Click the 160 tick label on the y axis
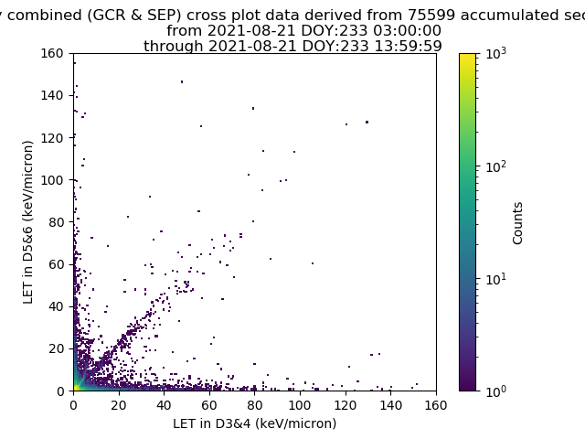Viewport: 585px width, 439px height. pos(52,53)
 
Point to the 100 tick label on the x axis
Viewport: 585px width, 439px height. pos(300,405)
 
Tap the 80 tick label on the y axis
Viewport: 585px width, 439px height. pos(56,222)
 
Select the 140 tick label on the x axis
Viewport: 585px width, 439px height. pos(390,405)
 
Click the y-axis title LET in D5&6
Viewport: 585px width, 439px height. pos(28,222)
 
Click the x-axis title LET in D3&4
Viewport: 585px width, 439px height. pos(255,423)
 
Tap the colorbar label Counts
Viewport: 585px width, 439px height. pos(517,223)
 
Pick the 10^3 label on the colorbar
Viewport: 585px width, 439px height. pos(496,53)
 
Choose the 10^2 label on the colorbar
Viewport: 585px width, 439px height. pos(496,166)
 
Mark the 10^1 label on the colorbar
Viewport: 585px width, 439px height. pos(496,279)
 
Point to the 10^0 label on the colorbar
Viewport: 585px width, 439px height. pos(496,391)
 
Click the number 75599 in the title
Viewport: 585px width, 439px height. pos(432,16)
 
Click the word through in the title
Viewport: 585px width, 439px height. pos(174,47)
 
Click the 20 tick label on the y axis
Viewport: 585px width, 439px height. pos(56,348)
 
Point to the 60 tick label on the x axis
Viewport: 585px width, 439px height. pos(209,405)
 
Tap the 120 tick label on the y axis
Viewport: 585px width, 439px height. pos(52,138)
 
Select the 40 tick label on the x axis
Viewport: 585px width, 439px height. pos(165,405)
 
